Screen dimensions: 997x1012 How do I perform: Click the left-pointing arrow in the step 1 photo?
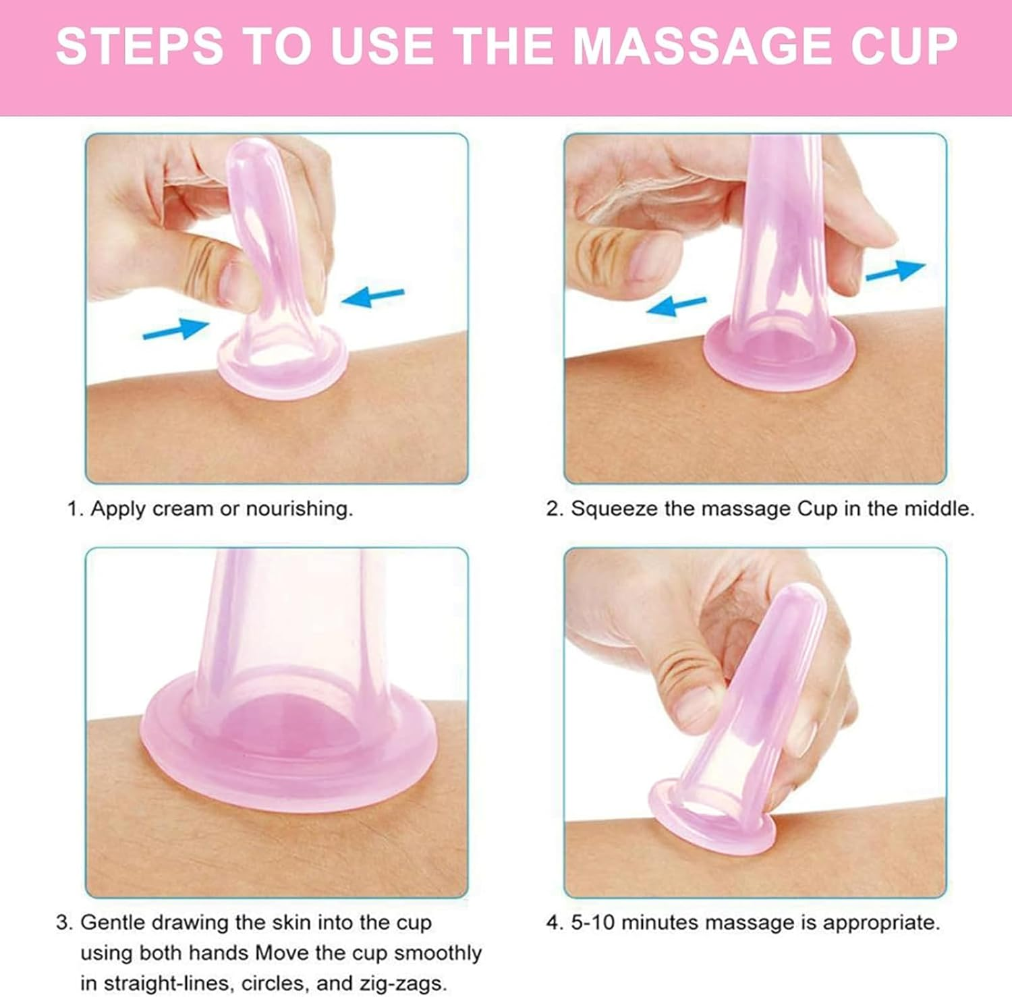click(373, 296)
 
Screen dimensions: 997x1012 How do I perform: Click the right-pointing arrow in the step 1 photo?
click(176, 329)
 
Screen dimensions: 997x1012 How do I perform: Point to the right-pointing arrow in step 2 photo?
click(895, 270)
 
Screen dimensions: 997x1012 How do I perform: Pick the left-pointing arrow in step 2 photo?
click(676, 306)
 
